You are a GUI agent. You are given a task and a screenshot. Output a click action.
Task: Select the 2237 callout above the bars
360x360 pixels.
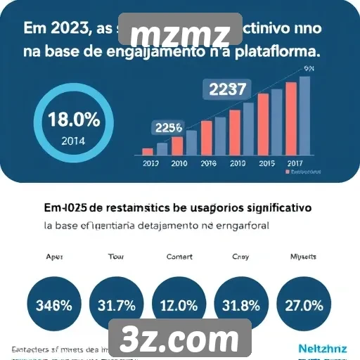point(224,89)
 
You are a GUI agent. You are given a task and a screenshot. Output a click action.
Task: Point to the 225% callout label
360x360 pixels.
point(169,128)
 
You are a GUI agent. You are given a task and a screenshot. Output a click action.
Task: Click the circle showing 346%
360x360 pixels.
point(53,306)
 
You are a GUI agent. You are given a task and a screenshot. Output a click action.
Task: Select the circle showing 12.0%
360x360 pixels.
point(179,306)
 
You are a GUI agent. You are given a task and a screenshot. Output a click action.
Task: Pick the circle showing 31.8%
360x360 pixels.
point(241,306)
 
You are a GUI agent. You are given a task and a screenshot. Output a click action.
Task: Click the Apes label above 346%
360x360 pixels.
point(54,257)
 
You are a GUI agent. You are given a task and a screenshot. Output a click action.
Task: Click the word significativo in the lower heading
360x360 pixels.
point(275,208)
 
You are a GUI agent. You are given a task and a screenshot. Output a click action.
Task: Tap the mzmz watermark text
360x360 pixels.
point(181,34)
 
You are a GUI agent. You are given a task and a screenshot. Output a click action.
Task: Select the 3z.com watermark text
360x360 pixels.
point(179,340)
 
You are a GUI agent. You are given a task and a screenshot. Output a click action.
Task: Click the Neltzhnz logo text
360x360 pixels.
point(321,347)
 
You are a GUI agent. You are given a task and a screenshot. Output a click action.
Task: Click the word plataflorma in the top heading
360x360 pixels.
point(277,51)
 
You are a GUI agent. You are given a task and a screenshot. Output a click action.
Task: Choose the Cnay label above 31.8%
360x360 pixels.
point(240,257)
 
